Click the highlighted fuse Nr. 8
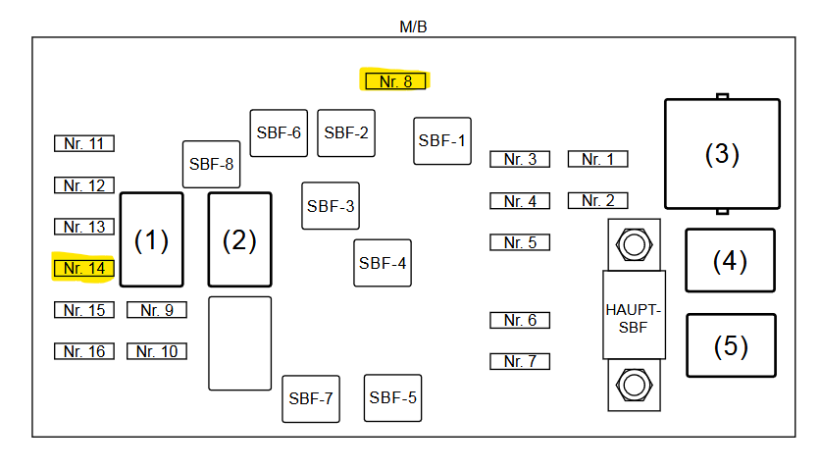click(395, 81)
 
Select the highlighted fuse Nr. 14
click(84, 268)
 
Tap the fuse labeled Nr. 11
click(84, 143)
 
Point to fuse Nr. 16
click(84, 351)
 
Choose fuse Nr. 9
click(157, 310)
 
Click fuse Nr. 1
click(597, 159)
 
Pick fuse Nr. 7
click(520, 361)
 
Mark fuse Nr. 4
click(520, 201)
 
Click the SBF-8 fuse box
click(212, 164)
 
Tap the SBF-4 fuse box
click(383, 263)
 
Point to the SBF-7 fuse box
click(311, 398)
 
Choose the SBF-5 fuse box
click(393, 397)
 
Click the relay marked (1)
click(152, 240)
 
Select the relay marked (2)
click(239, 240)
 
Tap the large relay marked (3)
click(722, 154)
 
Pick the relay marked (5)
click(731, 345)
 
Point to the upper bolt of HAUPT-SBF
click(634, 244)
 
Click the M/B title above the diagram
click(413, 26)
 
